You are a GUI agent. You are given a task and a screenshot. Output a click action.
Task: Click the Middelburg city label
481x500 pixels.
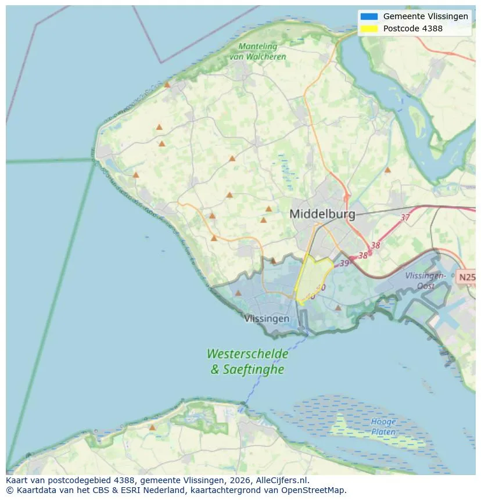coord(322,214)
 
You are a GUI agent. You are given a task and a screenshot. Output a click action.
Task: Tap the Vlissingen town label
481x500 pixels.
coord(267,319)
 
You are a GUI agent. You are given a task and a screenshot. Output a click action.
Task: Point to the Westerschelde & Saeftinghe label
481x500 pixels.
coord(247,361)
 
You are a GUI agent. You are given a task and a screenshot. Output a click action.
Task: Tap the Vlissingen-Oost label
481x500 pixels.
coord(425,281)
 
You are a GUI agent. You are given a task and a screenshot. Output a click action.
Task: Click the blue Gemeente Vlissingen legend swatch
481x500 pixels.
coord(368,17)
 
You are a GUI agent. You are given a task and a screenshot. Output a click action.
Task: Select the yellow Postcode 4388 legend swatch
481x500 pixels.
coord(368,28)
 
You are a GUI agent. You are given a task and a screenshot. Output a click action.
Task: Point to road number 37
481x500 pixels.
coord(405,217)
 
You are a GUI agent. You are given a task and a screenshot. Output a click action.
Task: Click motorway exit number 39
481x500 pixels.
coord(344,264)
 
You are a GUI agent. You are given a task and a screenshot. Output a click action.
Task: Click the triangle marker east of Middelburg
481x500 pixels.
coord(387,170)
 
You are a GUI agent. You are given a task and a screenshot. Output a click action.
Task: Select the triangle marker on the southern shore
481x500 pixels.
coord(152,427)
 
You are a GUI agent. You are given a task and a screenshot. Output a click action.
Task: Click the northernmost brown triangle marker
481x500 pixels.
coord(167,84)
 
